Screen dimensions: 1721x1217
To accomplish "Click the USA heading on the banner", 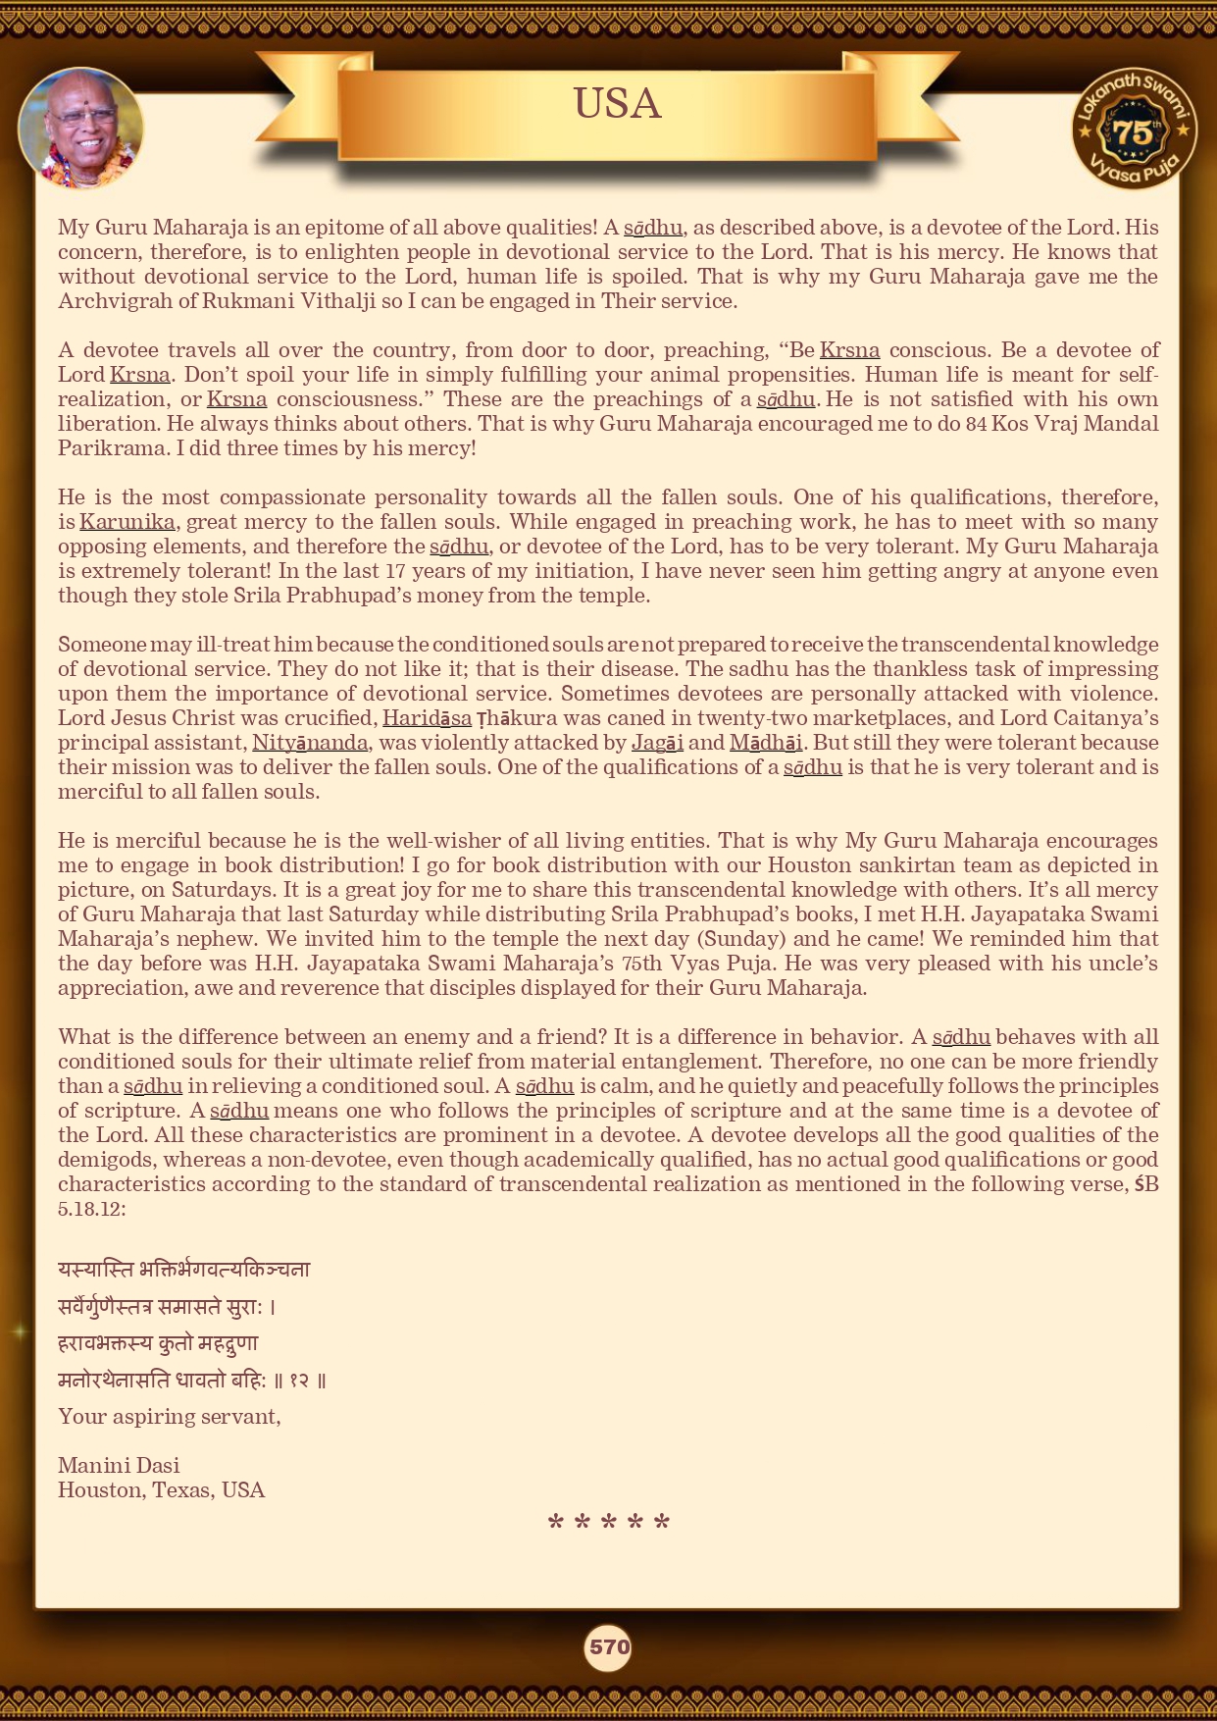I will point(617,104).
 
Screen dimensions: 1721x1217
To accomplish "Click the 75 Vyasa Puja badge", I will point(1134,130).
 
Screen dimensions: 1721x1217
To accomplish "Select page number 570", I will point(608,1647).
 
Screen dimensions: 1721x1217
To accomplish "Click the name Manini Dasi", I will point(119,1465).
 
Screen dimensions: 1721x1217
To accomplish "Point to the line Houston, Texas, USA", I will point(161,1489).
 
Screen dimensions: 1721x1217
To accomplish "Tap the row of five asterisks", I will point(608,1524).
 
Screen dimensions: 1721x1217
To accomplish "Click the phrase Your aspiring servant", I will point(169,1416).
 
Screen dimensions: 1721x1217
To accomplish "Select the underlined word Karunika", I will point(127,522).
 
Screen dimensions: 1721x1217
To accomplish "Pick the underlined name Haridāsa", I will point(427,718).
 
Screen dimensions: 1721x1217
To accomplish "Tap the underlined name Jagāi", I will point(657,743).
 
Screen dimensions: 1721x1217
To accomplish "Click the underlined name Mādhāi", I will point(765,743).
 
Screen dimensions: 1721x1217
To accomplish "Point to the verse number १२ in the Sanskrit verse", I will point(299,1381).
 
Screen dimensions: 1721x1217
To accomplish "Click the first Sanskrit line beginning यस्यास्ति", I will point(183,1269).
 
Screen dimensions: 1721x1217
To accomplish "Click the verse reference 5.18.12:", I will point(92,1209).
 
